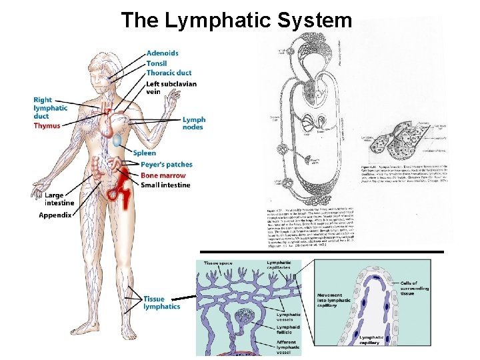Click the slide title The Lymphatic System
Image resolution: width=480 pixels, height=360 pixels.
click(x=236, y=21)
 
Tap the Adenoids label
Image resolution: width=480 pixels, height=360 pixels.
click(x=162, y=53)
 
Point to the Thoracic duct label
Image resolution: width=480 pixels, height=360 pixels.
click(x=169, y=73)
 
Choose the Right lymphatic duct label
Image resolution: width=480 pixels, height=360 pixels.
click(x=51, y=108)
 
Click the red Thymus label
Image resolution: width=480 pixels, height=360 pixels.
click(x=47, y=125)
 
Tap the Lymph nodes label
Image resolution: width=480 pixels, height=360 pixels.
click(x=194, y=123)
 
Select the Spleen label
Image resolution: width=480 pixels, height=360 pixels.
click(x=144, y=153)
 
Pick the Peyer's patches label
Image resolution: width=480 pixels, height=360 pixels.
click(x=167, y=165)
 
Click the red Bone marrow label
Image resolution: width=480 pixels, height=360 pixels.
click(x=163, y=175)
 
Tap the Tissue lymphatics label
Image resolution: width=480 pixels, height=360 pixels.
click(x=161, y=303)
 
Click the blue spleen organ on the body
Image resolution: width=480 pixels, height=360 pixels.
click(x=117, y=140)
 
